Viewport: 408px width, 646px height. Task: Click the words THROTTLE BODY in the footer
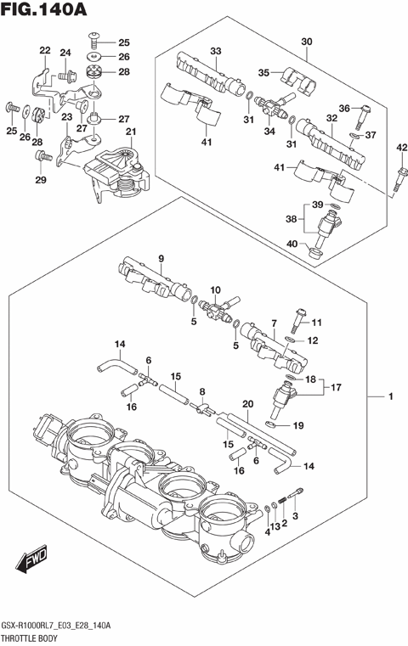point(41,636)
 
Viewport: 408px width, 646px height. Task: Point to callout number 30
point(307,41)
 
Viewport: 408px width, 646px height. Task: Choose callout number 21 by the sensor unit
point(130,132)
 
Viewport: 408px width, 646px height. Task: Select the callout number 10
point(214,291)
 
